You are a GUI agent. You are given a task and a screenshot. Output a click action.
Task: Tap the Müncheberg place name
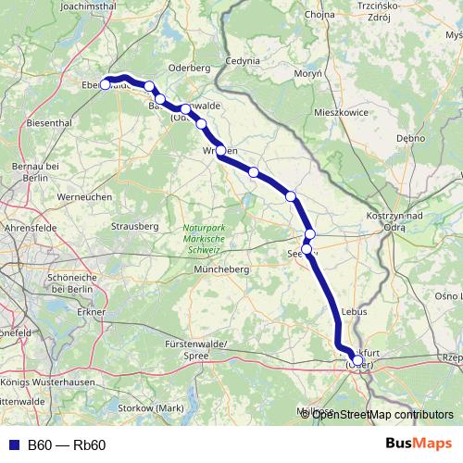click(x=221, y=269)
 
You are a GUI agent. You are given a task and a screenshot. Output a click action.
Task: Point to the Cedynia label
click(x=243, y=61)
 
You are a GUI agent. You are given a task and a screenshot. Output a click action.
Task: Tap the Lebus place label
click(x=355, y=312)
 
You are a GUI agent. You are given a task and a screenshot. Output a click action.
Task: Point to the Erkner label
click(x=93, y=312)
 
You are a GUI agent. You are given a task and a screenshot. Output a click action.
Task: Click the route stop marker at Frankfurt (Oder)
click(x=357, y=361)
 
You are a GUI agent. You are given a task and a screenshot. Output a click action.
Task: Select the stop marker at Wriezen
click(x=221, y=151)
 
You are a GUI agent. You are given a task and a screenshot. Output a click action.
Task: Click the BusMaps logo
click(x=419, y=444)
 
